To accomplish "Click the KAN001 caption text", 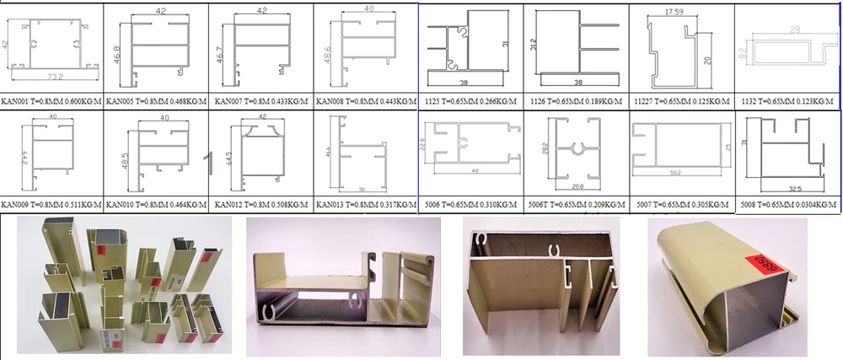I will (x=51, y=100).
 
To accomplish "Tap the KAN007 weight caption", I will (x=260, y=100).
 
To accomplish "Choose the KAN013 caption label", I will (x=365, y=205).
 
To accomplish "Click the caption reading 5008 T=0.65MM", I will (x=788, y=205).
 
